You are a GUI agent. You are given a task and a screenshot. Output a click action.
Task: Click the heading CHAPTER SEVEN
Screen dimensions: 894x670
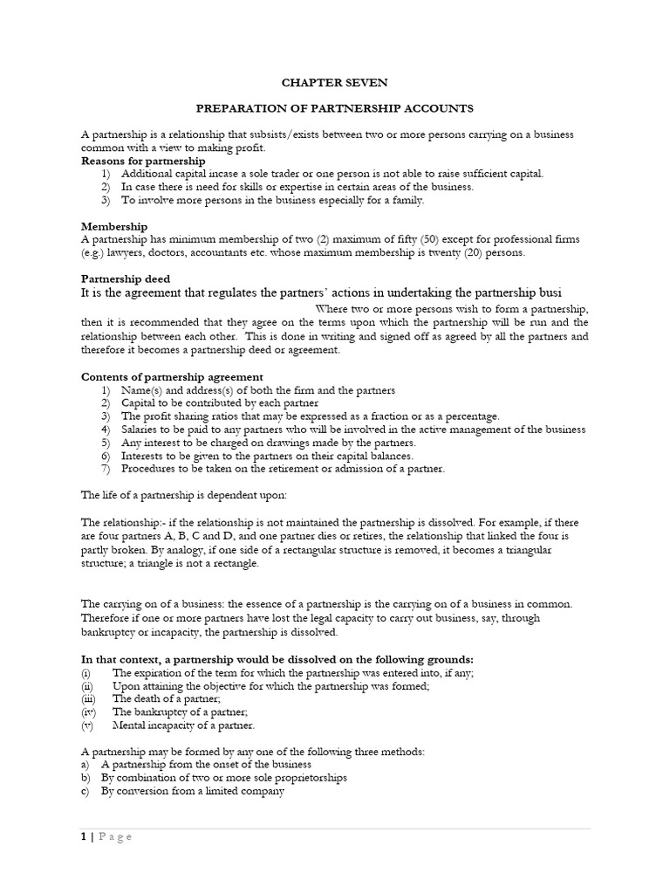334,82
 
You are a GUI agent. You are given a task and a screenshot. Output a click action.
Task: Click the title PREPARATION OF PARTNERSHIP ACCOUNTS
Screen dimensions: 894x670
334,108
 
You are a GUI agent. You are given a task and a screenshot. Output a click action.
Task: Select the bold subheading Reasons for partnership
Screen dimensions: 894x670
143,161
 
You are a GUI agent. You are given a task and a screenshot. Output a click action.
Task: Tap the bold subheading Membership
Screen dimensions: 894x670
114,226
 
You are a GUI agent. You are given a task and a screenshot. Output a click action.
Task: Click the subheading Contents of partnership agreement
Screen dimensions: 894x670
172,376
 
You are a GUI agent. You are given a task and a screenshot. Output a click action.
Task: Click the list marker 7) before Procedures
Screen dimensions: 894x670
106,469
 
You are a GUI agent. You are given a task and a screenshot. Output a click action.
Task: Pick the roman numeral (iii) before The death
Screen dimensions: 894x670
87,698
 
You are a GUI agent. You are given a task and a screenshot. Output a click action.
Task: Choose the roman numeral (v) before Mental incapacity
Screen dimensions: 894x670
86,725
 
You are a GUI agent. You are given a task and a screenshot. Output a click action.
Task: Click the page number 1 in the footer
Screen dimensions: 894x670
84,837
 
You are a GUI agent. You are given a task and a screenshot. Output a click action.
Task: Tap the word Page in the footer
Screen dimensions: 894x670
115,837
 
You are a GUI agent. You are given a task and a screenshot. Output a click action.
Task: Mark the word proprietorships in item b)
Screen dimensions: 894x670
305,777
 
